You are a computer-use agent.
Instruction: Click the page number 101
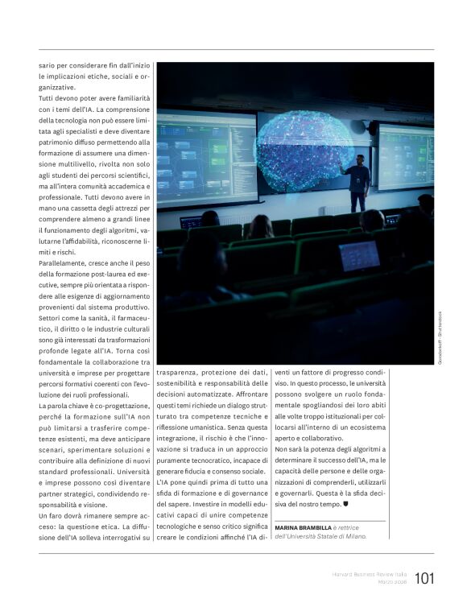pyautogui.click(x=424, y=578)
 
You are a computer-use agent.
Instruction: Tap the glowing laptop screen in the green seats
pyautogui.click(x=359, y=255)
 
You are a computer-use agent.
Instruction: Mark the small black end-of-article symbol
pyautogui.click(x=345, y=504)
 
